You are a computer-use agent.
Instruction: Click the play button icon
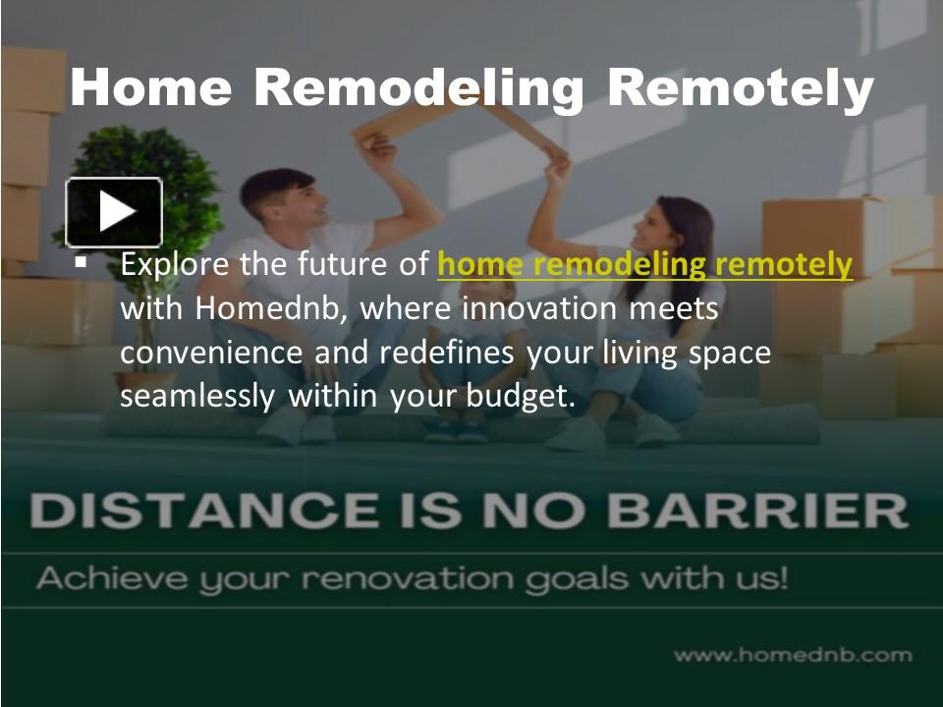114,211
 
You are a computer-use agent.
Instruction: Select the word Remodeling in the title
418,88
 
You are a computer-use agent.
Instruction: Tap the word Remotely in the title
740,88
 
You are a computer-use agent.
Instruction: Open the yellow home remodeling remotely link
644,265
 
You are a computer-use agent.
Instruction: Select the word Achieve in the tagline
108,577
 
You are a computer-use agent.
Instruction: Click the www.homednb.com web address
793,655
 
